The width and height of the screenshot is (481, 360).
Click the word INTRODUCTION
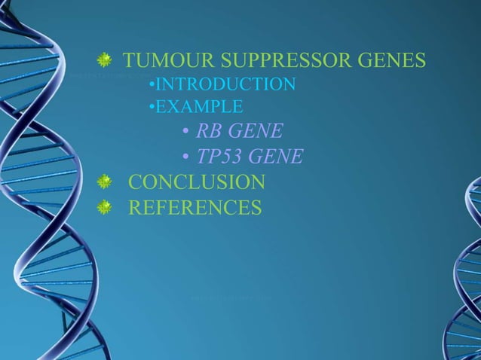click(225, 84)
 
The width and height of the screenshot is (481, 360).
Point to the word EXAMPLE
click(199, 108)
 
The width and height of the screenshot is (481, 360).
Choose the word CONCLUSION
click(197, 182)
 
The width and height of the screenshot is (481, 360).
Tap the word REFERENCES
click(195, 207)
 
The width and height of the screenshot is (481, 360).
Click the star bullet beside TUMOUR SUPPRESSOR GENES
click(106, 59)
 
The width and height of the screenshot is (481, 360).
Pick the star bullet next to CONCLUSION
click(106, 182)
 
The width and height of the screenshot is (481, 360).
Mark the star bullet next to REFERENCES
click(106, 206)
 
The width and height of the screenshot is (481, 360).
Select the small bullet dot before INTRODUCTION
click(152, 84)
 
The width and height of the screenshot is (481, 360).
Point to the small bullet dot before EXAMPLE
click(152, 108)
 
